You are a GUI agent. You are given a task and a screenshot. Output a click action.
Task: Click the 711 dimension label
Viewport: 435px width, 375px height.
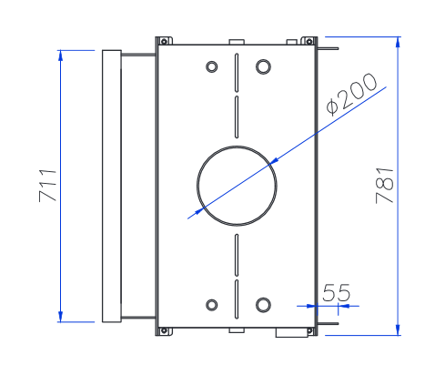pyautogui.click(x=48, y=186)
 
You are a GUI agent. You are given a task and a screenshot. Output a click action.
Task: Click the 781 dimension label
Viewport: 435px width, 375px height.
pyautogui.click(x=385, y=186)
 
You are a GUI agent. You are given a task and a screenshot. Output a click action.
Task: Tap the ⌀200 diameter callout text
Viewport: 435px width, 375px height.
pyautogui.click(x=352, y=94)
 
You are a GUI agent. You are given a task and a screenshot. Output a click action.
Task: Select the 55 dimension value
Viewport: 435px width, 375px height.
pyautogui.click(x=337, y=292)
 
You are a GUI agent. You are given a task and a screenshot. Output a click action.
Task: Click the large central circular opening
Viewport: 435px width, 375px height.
pyautogui.click(x=237, y=147)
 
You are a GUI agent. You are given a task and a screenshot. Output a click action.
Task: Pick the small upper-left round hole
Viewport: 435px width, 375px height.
pyautogui.click(x=212, y=66)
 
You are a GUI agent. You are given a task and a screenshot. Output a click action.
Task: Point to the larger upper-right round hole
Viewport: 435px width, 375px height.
pyautogui.click(x=263, y=66)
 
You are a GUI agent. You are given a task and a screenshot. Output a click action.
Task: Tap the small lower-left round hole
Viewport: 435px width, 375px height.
pyautogui.click(x=212, y=305)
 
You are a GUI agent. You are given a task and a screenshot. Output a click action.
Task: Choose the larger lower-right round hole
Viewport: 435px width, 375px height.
pyautogui.click(x=263, y=305)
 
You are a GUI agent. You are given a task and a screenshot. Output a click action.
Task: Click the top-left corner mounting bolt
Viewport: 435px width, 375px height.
pyautogui.click(x=164, y=41)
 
